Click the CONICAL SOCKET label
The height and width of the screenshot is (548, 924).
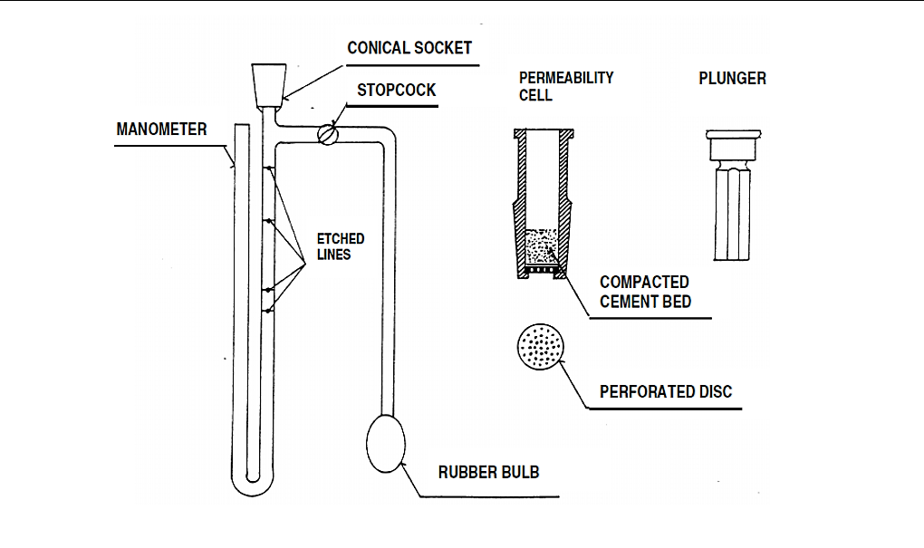[409, 48]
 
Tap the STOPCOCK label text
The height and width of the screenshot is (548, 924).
[396, 91]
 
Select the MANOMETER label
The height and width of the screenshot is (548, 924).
[161, 130]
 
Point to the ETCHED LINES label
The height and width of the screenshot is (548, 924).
[341, 246]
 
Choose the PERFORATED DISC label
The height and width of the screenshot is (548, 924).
[666, 392]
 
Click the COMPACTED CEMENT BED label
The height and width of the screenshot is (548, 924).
[644, 292]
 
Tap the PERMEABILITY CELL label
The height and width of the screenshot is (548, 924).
[565, 86]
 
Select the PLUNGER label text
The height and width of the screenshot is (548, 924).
[732, 79]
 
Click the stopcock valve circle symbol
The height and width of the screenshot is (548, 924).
[328, 134]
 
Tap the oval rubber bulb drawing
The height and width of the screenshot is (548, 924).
[385, 444]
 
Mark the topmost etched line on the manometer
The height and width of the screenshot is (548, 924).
[268, 168]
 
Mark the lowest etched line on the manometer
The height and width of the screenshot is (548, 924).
[268, 311]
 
